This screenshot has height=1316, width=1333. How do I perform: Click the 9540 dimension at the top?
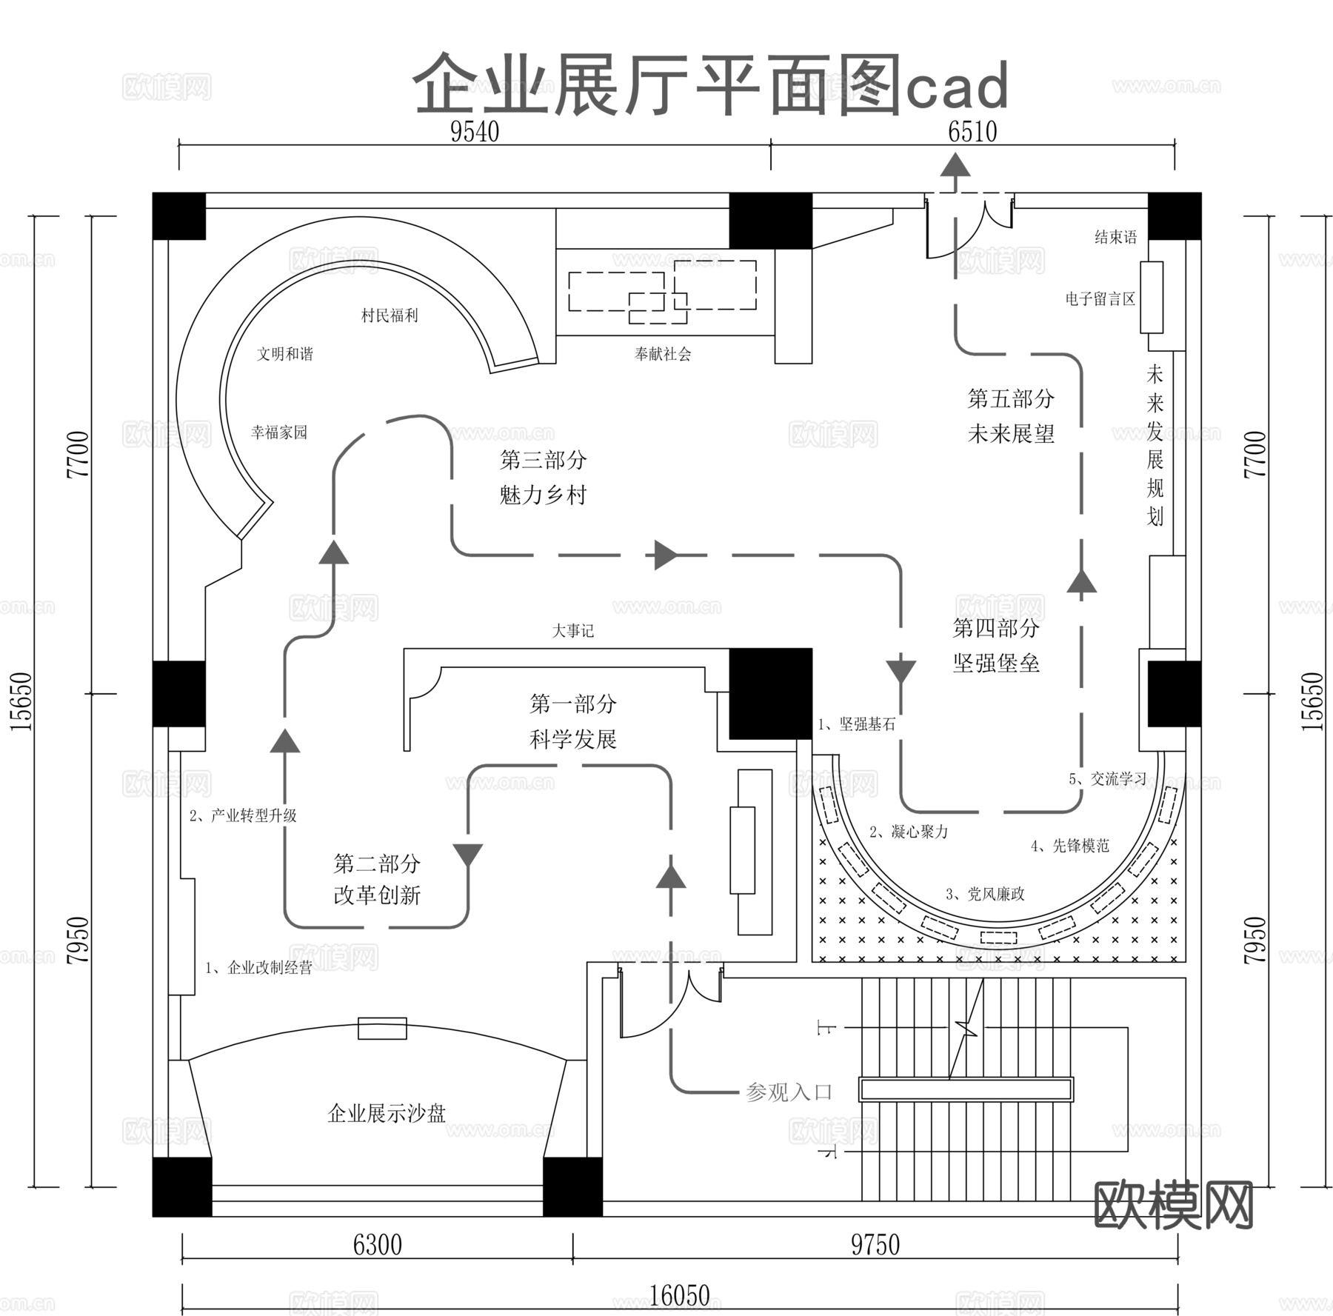pos(475,132)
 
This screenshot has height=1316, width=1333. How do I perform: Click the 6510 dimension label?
pos(972,132)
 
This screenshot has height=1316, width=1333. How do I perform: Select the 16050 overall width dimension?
pos(679,1295)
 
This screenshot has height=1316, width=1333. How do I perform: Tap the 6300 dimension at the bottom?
pos(377,1245)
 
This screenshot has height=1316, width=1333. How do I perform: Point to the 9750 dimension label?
pos(875,1245)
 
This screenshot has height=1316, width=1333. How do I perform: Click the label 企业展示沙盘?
pos(387,1114)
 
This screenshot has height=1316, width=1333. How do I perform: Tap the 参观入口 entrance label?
pos(789,1092)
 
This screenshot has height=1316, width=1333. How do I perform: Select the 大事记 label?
pos(572,631)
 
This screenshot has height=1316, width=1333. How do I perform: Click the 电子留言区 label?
pos(1100,299)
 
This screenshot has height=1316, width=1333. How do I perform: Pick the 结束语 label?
pos(1115,237)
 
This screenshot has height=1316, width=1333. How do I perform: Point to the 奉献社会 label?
pos(662,354)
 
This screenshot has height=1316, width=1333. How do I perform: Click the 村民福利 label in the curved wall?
pos(390,315)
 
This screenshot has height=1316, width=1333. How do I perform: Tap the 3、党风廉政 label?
pos(985,894)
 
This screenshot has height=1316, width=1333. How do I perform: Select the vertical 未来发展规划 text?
pos(1155,444)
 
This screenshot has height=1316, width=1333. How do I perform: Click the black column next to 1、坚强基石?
pos(770,693)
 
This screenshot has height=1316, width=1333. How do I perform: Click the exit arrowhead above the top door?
pos(955,164)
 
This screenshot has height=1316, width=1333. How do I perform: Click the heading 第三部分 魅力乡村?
pos(543,477)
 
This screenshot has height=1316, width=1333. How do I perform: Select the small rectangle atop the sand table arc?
pos(382,1028)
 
